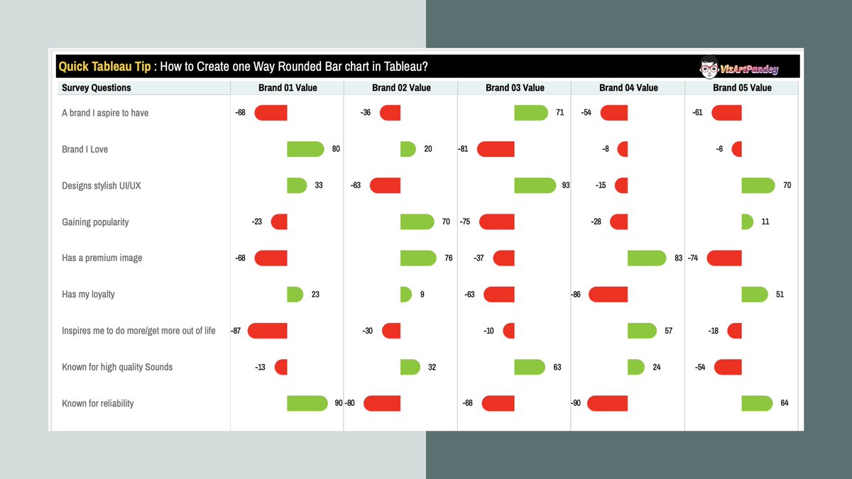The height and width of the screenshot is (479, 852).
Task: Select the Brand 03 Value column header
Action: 515,88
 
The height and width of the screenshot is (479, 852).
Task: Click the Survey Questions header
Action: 97,88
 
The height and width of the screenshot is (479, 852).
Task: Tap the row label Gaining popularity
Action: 95,222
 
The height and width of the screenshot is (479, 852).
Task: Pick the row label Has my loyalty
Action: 88,294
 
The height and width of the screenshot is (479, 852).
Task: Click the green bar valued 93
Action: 535,185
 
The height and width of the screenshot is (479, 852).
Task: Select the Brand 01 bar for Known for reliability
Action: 307,403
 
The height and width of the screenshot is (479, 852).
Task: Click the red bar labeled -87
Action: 268,331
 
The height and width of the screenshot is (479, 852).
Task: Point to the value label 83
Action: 679,258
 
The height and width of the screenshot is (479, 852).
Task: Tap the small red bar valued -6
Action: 737,149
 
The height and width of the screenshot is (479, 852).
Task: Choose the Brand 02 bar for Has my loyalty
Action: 405,294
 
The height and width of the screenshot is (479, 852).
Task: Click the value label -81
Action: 463,149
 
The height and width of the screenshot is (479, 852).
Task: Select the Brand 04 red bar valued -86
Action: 608,294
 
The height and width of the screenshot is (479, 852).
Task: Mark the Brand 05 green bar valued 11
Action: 747,222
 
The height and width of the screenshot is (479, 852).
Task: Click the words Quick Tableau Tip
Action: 104,67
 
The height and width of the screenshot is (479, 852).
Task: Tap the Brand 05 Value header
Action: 742,88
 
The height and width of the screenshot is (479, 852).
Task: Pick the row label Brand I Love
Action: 85,150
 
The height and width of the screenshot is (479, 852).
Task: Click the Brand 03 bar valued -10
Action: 508,331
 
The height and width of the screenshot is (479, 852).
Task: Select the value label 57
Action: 668,331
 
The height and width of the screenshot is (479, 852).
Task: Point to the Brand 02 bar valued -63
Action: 386,185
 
